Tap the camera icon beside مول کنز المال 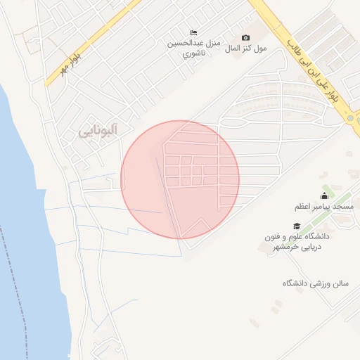click(x=245, y=37)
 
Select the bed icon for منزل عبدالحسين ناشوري click(x=193, y=33)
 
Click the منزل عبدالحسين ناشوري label click(x=193, y=48)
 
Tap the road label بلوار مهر click(x=72, y=61)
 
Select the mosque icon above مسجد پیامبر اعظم click(x=324, y=196)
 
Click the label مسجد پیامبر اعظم click(x=324, y=207)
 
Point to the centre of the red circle click(x=180, y=179)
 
